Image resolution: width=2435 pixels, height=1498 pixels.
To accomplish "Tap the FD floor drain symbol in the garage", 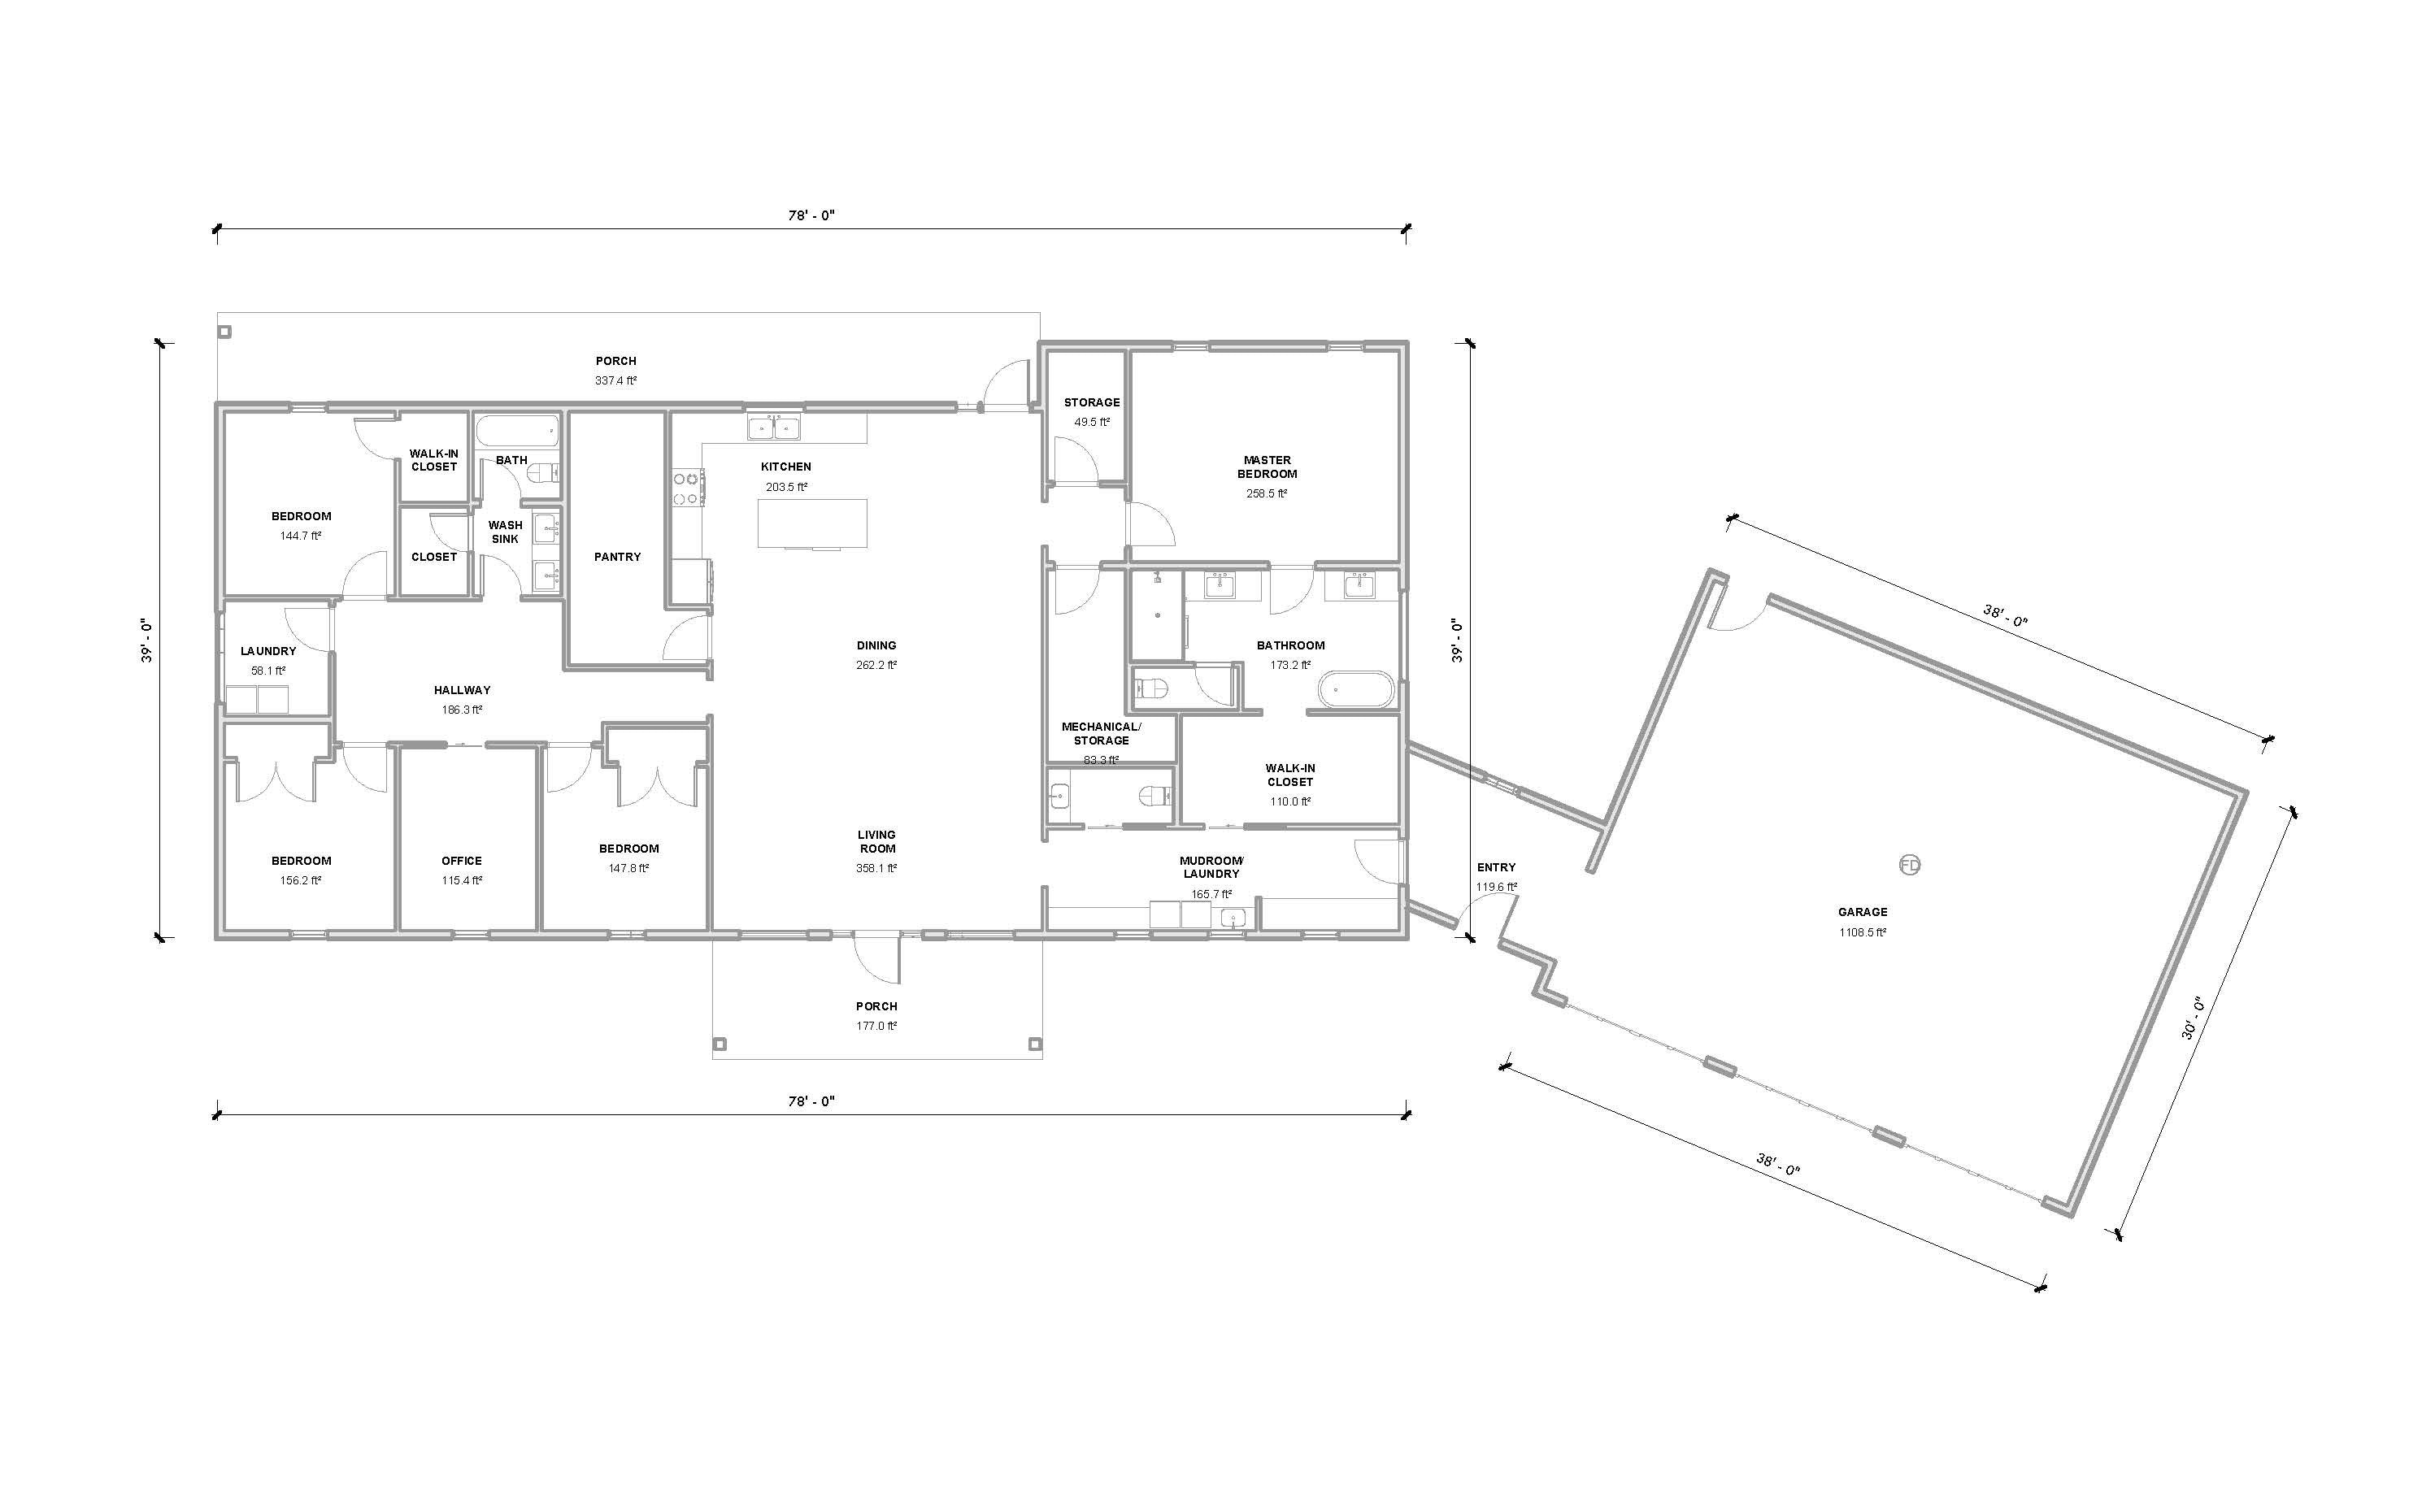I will pyautogui.click(x=1909, y=865).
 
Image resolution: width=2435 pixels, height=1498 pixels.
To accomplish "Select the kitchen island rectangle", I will pyautogui.click(x=813, y=523).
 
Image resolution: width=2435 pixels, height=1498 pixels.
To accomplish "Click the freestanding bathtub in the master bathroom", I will pyautogui.click(x=1354, y=689).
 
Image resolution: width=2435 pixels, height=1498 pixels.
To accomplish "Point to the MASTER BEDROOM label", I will pyautogui.click(x=1267, y=467).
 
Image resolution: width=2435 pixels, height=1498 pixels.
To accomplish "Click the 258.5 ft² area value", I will pyautogui.click(x=1267, y=493).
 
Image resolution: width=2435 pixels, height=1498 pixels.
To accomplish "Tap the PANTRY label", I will pyautogui.click(x=617, y=557).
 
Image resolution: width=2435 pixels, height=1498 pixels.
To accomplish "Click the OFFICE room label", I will pyautogui.click(x=462, y=861).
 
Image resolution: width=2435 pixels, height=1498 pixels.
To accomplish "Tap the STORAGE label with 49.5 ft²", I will pyautogui.click(x=1092, y=402).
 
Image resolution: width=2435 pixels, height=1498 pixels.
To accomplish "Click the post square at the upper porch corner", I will pyautogui.click(x=225, y=332).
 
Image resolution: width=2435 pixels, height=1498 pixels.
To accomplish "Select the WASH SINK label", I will pyautogui.click(x=506, y=532).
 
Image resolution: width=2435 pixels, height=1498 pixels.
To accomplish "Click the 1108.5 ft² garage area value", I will pyautogui.click(x=1862, y=932).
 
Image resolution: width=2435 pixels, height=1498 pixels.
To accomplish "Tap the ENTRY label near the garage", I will pyautogui.click(x=1495, y=867).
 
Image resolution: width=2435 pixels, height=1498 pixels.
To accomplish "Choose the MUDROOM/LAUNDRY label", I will pyautogui.click(x=1211, y=867).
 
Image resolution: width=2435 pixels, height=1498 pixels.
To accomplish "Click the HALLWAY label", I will pyautogui.click(x=462, y=691).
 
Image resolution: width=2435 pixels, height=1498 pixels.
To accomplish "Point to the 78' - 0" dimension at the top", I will pyautogui.click(x=811, y=215).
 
